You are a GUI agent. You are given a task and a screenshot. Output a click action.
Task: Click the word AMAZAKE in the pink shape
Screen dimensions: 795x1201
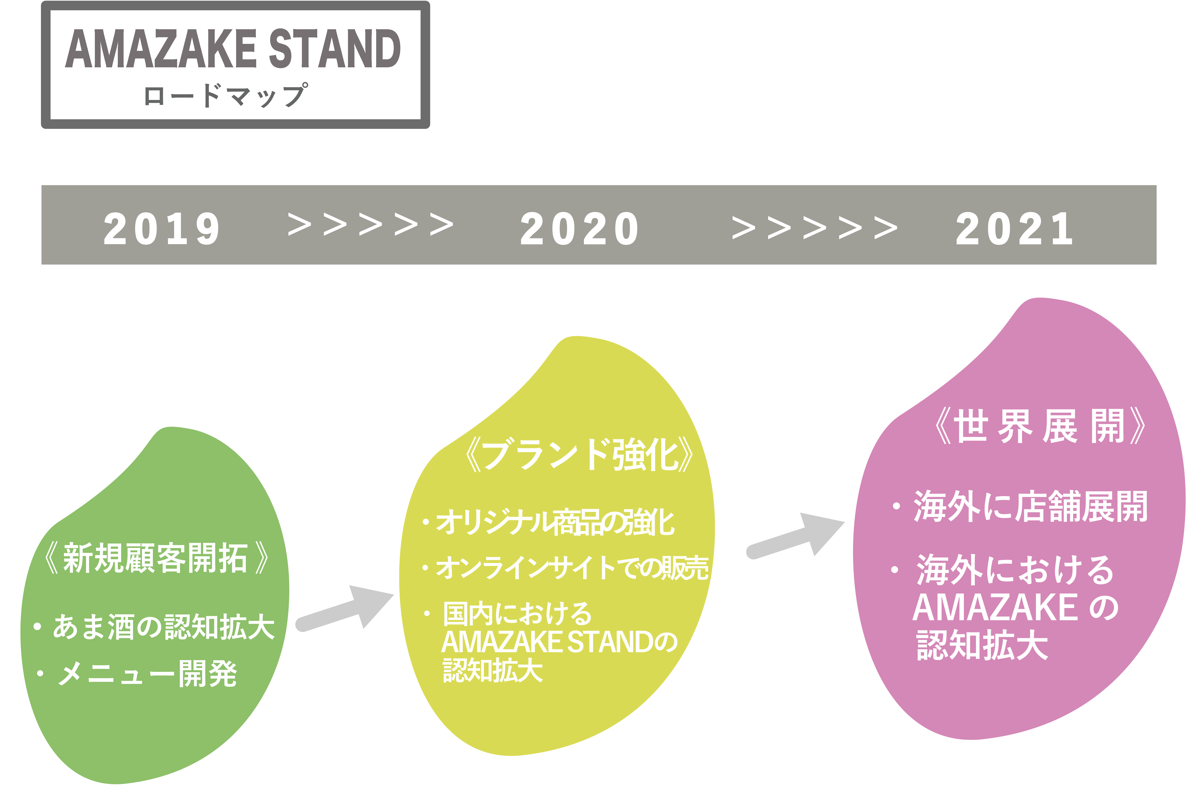(x=995, y=607)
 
